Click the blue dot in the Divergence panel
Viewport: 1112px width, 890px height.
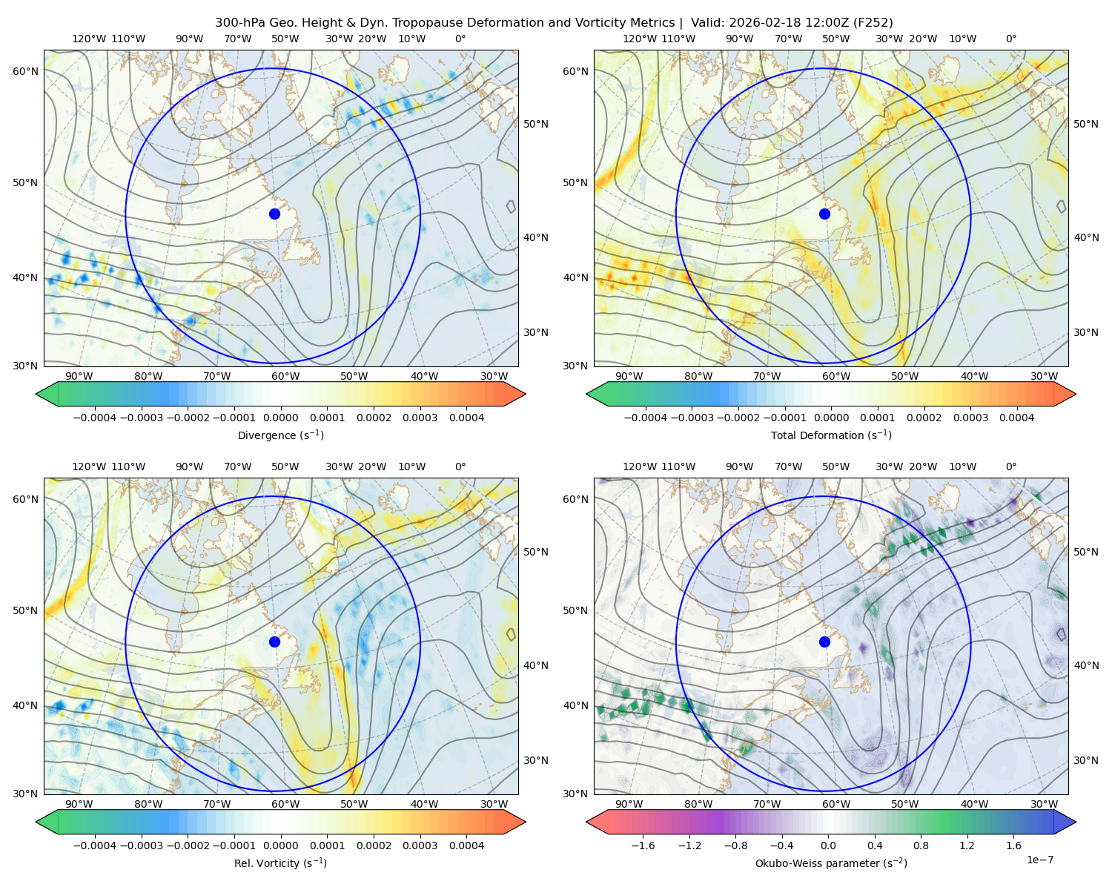(274, 214)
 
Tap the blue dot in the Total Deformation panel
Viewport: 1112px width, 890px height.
(824, 214)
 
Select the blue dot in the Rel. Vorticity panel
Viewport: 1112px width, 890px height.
(274, 642)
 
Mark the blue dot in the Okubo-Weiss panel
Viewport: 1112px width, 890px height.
(824, 642)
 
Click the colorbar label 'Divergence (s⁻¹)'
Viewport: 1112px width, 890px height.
(280, 435)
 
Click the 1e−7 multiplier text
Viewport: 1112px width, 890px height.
(1039, 860)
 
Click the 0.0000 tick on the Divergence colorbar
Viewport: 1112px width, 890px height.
(280, 418)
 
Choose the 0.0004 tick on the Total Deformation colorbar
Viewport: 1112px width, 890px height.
(1016, 418)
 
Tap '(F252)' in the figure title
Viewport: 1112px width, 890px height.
(873, 23)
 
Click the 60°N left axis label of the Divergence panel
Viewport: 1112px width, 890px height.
(25, 71)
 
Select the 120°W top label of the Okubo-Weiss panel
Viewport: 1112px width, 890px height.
(639, 467)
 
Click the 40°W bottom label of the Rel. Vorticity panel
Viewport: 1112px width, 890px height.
(424, 804)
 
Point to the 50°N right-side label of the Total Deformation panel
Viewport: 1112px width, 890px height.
(1085, 124)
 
